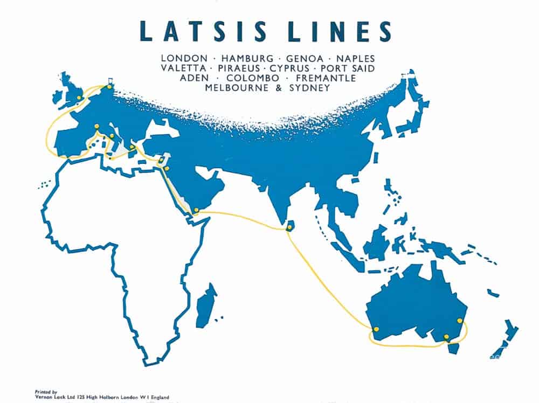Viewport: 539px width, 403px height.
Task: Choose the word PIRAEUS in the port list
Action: click(239, 68)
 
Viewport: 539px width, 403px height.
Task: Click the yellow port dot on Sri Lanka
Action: click(289, 228)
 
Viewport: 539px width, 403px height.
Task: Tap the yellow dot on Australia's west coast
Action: click(376, 329)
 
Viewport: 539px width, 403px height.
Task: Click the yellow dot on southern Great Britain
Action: click(79, 98)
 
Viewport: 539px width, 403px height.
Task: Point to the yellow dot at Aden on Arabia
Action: click(196, 210)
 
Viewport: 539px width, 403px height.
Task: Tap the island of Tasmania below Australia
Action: click(454, 348)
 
